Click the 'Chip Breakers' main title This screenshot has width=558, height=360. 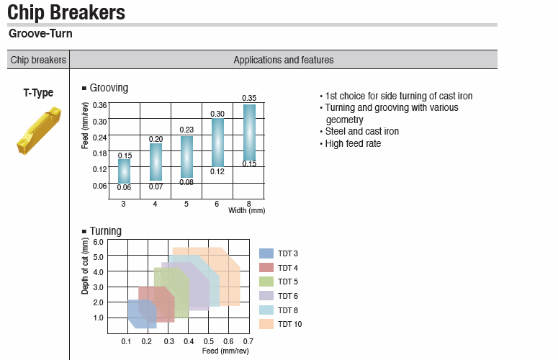click(66, 12)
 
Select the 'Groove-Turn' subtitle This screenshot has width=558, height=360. click(40, 33)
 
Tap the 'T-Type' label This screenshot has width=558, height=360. click(38, 93)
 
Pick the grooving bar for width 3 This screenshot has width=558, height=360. click(124, 171)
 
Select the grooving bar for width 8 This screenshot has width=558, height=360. click(249, 132)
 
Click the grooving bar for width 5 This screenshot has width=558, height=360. click(186, 156)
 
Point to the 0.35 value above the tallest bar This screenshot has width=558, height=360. click(249, 98)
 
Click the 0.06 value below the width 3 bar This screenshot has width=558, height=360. click(124, 188)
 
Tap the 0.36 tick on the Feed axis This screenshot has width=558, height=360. click(99, 105)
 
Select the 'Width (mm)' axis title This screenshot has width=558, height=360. click(247, 210)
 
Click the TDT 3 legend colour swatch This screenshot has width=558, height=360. click(266, 253)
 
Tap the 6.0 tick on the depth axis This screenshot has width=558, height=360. click(98, 241)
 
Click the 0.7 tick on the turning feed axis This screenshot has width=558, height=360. click(248, 341)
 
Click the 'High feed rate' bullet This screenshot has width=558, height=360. click(352, 143)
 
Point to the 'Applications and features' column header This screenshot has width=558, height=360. click(283, 60)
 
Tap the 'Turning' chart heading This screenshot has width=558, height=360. click(105, 231)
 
